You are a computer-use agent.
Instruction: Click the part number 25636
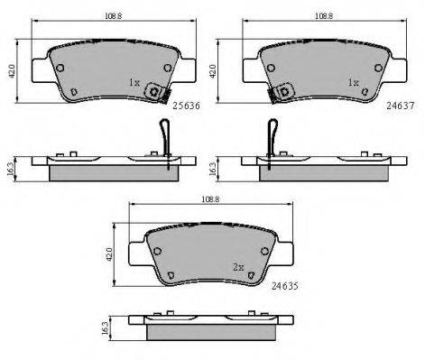point(187,106)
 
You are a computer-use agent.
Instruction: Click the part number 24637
point(401,106)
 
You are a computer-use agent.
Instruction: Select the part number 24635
point(285,286)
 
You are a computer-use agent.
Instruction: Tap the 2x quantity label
point(238,267)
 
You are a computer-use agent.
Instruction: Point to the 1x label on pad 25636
point(134,82)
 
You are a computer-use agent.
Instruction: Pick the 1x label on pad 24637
point(353,82)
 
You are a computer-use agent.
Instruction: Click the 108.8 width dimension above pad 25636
point(113,16)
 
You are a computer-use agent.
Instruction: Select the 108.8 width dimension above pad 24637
point(324,16)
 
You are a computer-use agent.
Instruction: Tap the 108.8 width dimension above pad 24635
point(210,199)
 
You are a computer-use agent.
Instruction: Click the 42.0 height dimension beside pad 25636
point(12,71)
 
